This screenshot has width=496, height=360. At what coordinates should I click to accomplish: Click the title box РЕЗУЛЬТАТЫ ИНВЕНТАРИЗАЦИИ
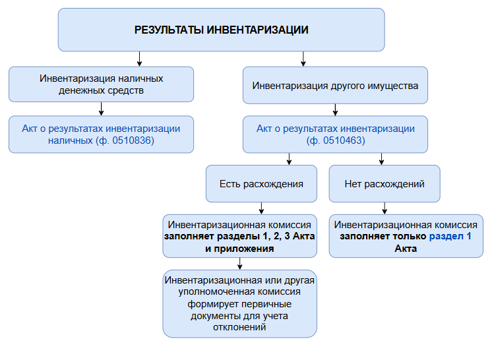[x=221, y=30]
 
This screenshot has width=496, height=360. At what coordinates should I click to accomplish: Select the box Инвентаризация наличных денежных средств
[x=101, y=84]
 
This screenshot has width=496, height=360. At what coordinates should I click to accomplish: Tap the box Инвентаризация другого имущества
[x=335, y=85]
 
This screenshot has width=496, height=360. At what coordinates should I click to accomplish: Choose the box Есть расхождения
[x=261, y=183]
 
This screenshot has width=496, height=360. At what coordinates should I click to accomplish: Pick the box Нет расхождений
[x=384, y=183]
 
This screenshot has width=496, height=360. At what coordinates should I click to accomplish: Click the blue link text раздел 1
[x=450, y=236]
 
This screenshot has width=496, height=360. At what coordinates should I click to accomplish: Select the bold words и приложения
[x=239, y=249]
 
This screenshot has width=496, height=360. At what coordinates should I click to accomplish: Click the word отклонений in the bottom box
[x=239, y=326]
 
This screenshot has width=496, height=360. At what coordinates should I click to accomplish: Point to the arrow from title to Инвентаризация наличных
[x=101, y=59]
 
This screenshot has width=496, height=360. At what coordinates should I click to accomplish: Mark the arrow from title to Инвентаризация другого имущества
[x=303, y=59]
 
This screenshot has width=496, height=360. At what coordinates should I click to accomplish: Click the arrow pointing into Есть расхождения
[x=288, y=159]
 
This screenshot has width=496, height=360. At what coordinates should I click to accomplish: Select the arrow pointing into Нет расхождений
[x=381, y=159]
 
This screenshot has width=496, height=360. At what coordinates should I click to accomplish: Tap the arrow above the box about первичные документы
[x=239, y=263]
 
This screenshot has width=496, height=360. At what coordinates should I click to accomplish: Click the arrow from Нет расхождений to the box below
[x=384, y=208]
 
